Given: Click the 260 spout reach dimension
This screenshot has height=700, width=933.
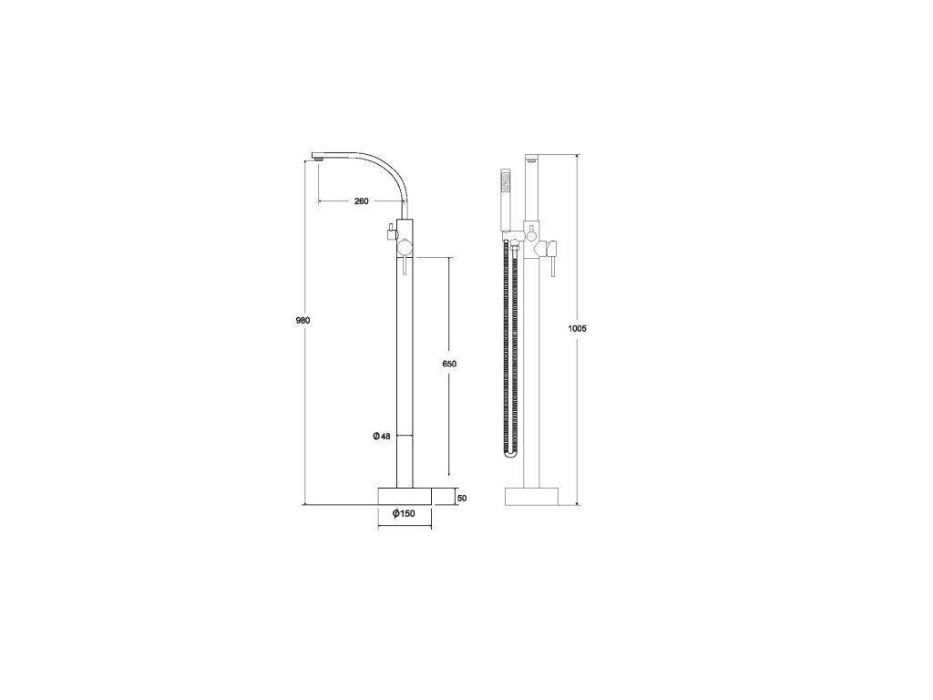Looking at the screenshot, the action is tap(361, 201).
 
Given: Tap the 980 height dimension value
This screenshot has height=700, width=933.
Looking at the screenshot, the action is tap(302, 320).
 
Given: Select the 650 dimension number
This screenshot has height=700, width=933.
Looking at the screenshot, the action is tap(449, 364).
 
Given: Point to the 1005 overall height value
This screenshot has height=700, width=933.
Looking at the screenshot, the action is tap(577, 328).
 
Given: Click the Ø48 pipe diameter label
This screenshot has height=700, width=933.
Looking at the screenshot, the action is tap(382, 437).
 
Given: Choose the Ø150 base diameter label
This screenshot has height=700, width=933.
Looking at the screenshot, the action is tap(404, 514).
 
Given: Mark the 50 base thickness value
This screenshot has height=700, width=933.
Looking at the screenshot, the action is tap(463, 498).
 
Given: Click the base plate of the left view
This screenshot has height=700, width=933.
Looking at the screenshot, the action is tap(405, 497).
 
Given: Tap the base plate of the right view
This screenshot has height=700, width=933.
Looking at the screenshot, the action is tap(532, 497).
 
